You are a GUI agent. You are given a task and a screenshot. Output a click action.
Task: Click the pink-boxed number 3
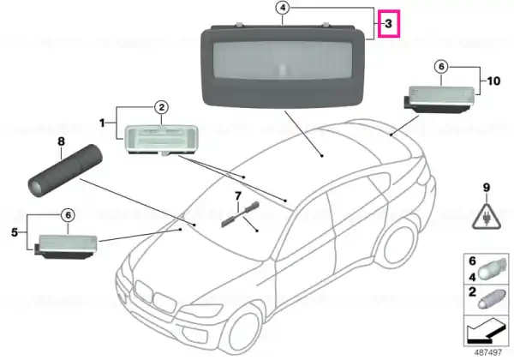[388, 24]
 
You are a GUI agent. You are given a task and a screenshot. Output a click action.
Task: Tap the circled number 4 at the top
[283, 8]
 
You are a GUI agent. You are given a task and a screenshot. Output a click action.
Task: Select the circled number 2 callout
[162, 107]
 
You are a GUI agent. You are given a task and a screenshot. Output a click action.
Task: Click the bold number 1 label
[102, 123]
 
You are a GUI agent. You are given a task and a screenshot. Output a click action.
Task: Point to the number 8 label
[62, 141]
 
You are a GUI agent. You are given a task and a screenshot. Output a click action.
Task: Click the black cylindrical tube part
[65, 171]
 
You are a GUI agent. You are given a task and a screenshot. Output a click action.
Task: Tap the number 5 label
[15, 232]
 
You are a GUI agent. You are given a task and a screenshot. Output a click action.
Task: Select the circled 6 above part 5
[69, 215]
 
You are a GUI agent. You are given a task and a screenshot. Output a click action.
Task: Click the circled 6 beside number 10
[441, 67]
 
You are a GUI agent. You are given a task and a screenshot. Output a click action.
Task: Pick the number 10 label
[493, 81]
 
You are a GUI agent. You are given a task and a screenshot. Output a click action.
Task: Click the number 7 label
[238, 196]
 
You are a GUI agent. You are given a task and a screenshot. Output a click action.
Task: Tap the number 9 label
[487, 188]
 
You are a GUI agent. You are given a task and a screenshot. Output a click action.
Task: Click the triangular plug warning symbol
[487, 216]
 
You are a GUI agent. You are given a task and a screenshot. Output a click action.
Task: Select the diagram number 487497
[488, 352]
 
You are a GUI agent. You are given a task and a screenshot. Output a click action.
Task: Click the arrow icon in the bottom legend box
[486, 332]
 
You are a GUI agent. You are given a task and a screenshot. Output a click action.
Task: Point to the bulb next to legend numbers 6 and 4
[492, 269]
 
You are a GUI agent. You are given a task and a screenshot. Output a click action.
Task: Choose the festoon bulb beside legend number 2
[491, 297]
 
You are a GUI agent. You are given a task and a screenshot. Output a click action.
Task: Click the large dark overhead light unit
[283, 65]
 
